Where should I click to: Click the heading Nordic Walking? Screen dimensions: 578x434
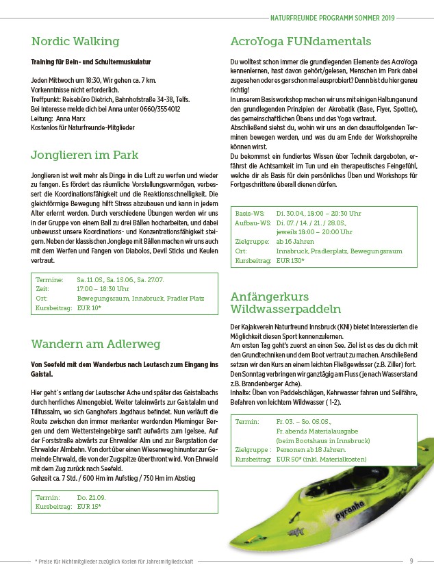[x=75, y=41]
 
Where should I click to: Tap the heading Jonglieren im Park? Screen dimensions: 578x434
[x=85, y=155]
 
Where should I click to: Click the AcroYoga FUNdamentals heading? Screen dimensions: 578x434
[x=301, y=41]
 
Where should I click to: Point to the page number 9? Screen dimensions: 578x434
[x=411, y=561]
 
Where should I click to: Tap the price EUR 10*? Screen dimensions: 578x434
[x=89, y=309]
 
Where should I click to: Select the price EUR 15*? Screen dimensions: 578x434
[x=89, y=506]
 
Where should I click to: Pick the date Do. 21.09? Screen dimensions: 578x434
[x=91, y=497]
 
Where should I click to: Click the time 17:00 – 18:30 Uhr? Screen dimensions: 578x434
[x=103, y=289]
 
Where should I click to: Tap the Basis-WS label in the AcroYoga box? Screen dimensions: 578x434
[x=251, y=214]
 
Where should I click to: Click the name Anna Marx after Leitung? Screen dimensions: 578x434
[x=71, y=118]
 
